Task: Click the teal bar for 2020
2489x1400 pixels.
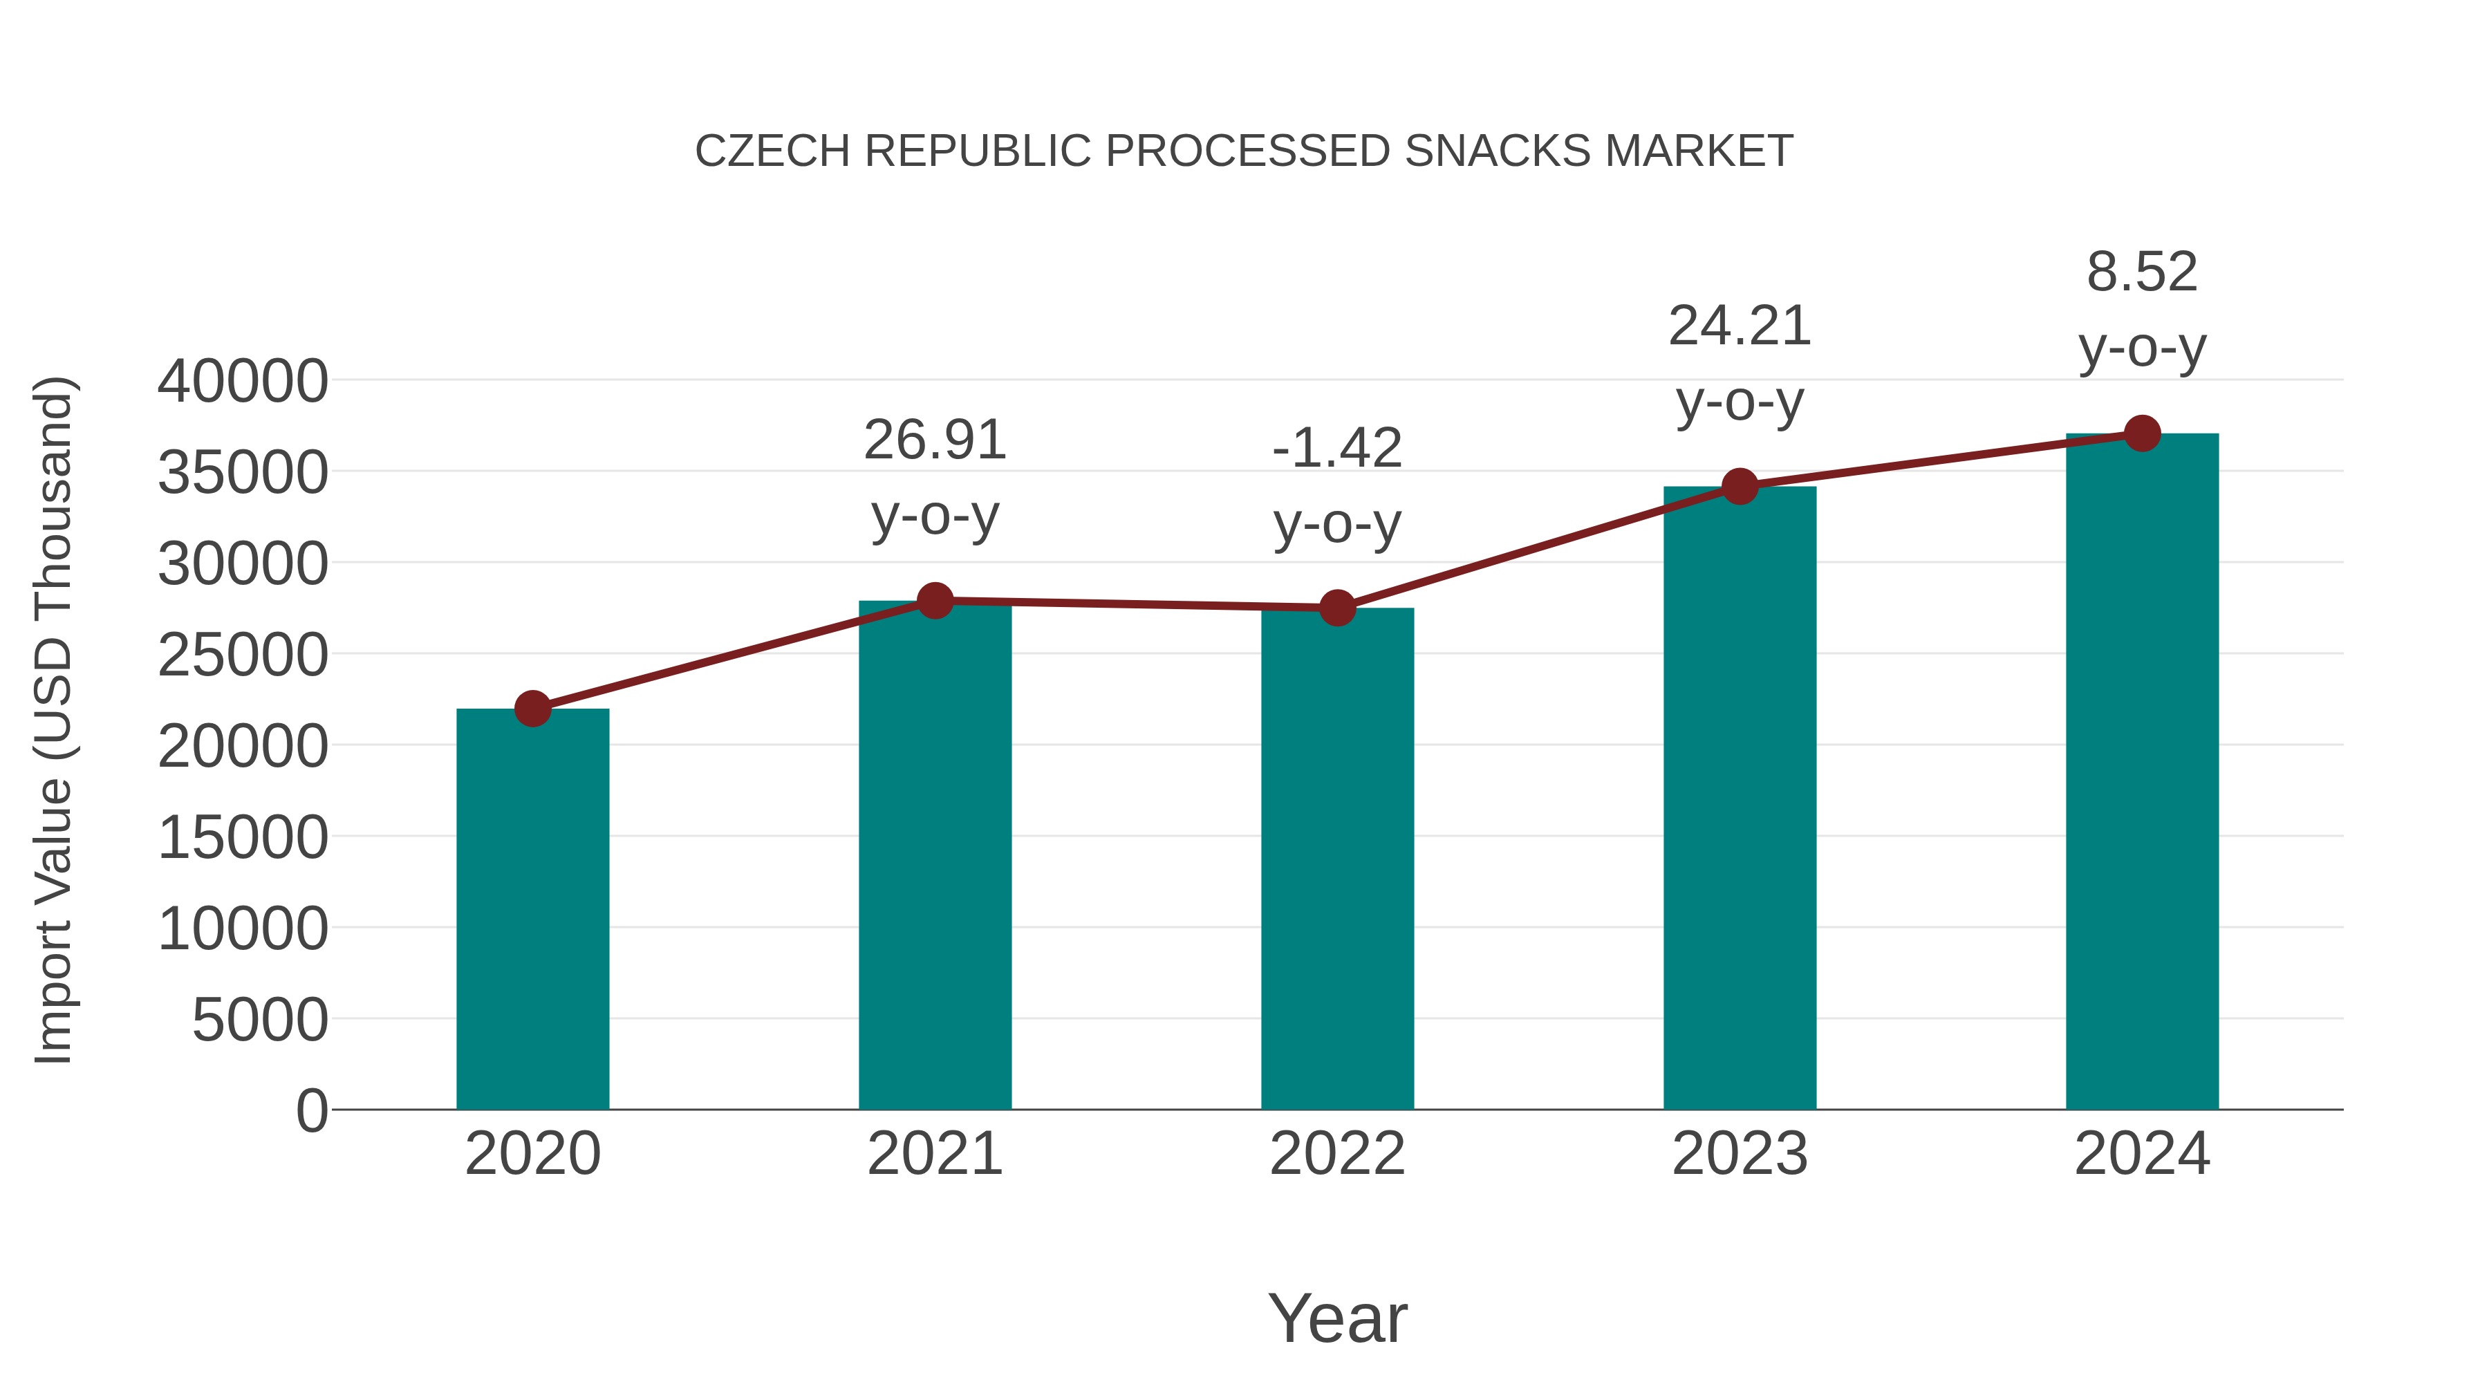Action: tap(532, 908)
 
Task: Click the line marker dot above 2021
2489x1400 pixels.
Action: tap(934, 601)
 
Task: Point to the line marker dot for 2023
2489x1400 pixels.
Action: tap(1740, 487)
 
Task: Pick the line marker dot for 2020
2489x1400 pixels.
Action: tap(532, 708)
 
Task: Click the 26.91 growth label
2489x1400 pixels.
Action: tap(934, 440)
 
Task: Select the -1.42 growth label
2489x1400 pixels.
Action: tap(1337, 448)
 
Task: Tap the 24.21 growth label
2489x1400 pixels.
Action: tap(1740, 326)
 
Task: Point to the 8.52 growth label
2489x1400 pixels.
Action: tap(2142, 272)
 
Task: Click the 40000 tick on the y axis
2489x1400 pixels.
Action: tap(243, 382)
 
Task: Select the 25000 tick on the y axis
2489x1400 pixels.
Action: tap(243, 656)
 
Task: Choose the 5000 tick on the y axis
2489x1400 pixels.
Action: tap(260, 1020)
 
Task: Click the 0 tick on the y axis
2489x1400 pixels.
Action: tap(311, 1111)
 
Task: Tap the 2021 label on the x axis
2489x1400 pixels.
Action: tap(934, 1154)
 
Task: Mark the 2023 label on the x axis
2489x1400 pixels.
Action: tap(1740, 1154)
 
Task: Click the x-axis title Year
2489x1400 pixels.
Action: tap(1337, 1318)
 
